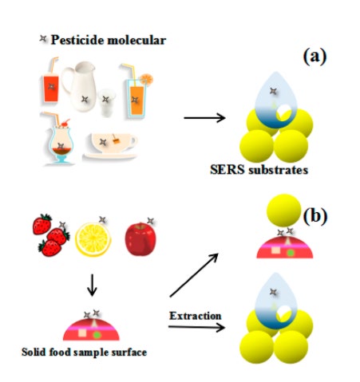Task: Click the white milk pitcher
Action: (79, 86)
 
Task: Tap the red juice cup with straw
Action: (50, 81)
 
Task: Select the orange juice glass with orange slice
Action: (137, 92)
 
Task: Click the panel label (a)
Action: (315, 57)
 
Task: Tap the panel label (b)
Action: (315, 216)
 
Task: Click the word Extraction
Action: (196, 316)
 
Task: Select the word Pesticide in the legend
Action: (77, 40)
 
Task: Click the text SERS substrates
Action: (259, 170)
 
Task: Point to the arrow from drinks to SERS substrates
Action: (204, 118)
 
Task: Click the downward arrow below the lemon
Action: (92, 285)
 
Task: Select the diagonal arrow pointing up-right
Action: (194, 275)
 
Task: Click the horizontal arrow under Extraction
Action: (196, 327)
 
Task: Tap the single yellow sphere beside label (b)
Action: (283, 211)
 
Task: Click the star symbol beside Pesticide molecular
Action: (43, 39)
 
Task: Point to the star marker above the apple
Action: (151, 221)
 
